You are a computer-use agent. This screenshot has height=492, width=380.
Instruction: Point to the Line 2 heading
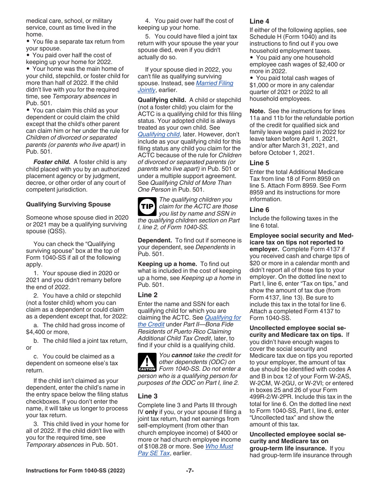[148, 295]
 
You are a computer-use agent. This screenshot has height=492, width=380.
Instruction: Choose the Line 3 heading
[148, 396]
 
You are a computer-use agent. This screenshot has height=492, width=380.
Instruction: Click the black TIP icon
[147, 206]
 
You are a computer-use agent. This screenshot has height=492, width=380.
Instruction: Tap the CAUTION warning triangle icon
[147, 362]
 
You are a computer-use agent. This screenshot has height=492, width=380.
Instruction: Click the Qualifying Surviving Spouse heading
[68, 204]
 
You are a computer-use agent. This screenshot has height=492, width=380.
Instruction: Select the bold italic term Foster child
[52, 162]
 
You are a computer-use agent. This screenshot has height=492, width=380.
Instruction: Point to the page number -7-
[190, 471]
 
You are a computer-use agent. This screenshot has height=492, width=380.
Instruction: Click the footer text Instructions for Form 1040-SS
[75, 471]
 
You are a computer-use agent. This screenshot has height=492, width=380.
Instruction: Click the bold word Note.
[257, 111]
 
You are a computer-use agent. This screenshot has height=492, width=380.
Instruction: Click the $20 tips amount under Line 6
[254, 263]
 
